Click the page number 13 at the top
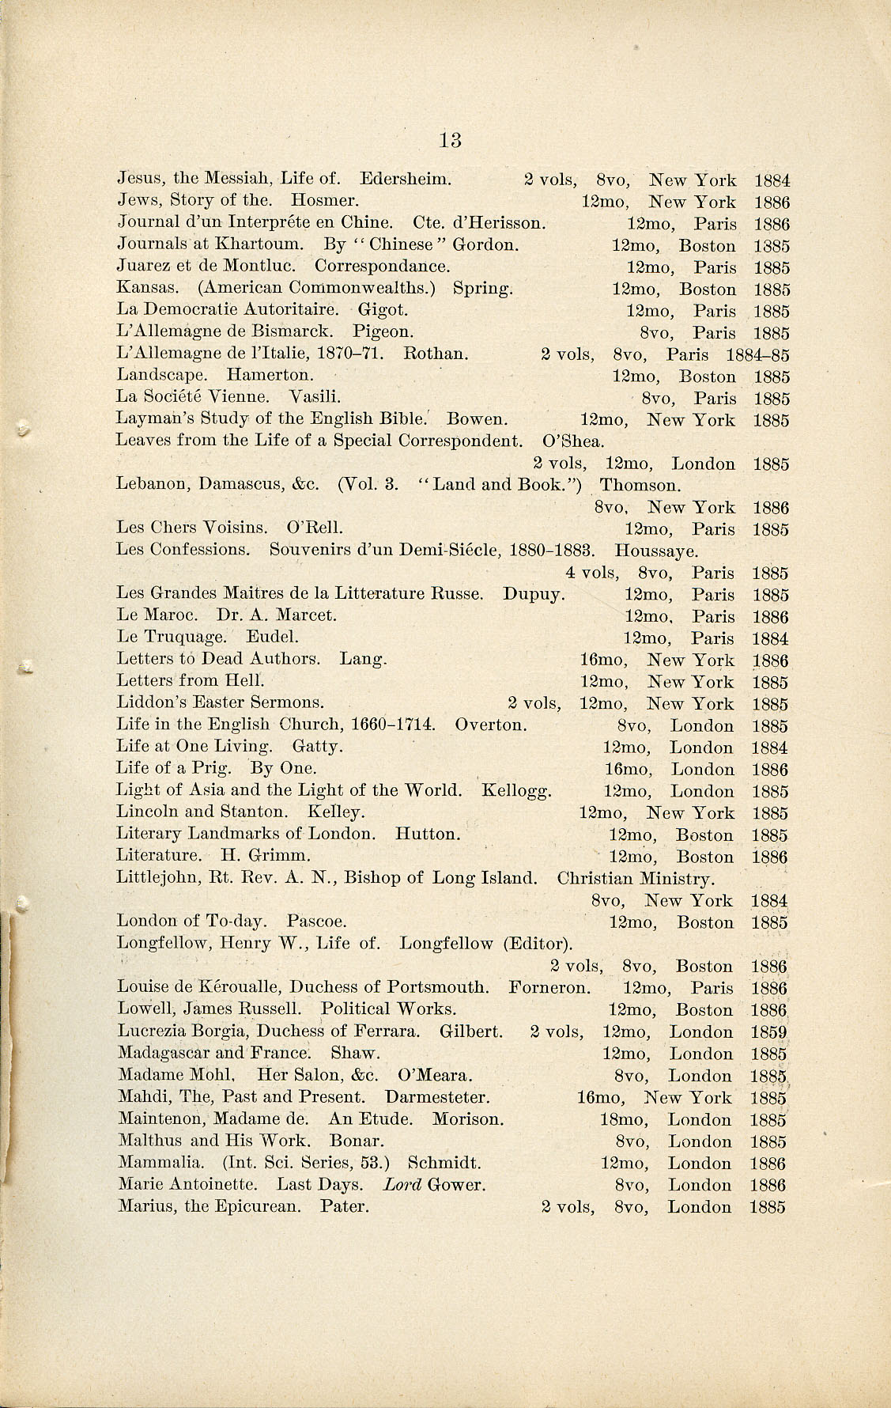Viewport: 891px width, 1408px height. pyautogui.click(x=450, y=140)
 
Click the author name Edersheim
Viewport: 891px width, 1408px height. pyautogui.click(x=406, y=180)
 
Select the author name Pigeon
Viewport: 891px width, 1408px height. pyautogui.click(x=383, y=332)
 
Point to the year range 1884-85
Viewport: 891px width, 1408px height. pyautogui.click(x=757, y=354)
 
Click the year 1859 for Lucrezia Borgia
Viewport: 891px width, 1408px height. pyautogui.click(x=769, y=1032)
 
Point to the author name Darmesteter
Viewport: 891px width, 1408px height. pyautogui.click(x=437, y=1098)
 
